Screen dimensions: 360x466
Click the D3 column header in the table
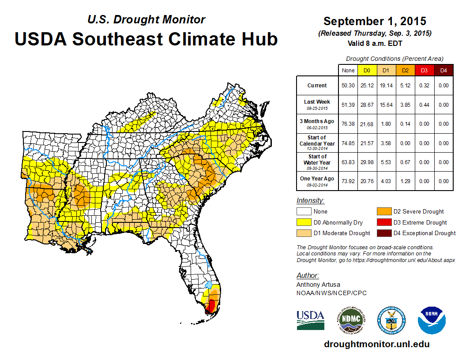pos(424,70)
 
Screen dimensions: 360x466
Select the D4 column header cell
pos(444,70)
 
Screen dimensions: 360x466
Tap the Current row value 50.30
pos(348,86)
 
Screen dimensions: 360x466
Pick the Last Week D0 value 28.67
pos(367,105)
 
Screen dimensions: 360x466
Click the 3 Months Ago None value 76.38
pos(348,124)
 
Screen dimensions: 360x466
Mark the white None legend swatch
pos(304,212)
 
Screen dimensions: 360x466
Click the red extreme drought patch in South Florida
pos(211,305)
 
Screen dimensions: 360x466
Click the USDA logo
pos(310,320)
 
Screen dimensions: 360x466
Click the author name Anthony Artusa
pos(318,285)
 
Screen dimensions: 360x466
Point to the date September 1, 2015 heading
pos(375,21)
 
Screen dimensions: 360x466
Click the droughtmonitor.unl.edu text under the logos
pos(376,344)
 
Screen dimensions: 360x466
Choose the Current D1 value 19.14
pos(386,86)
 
